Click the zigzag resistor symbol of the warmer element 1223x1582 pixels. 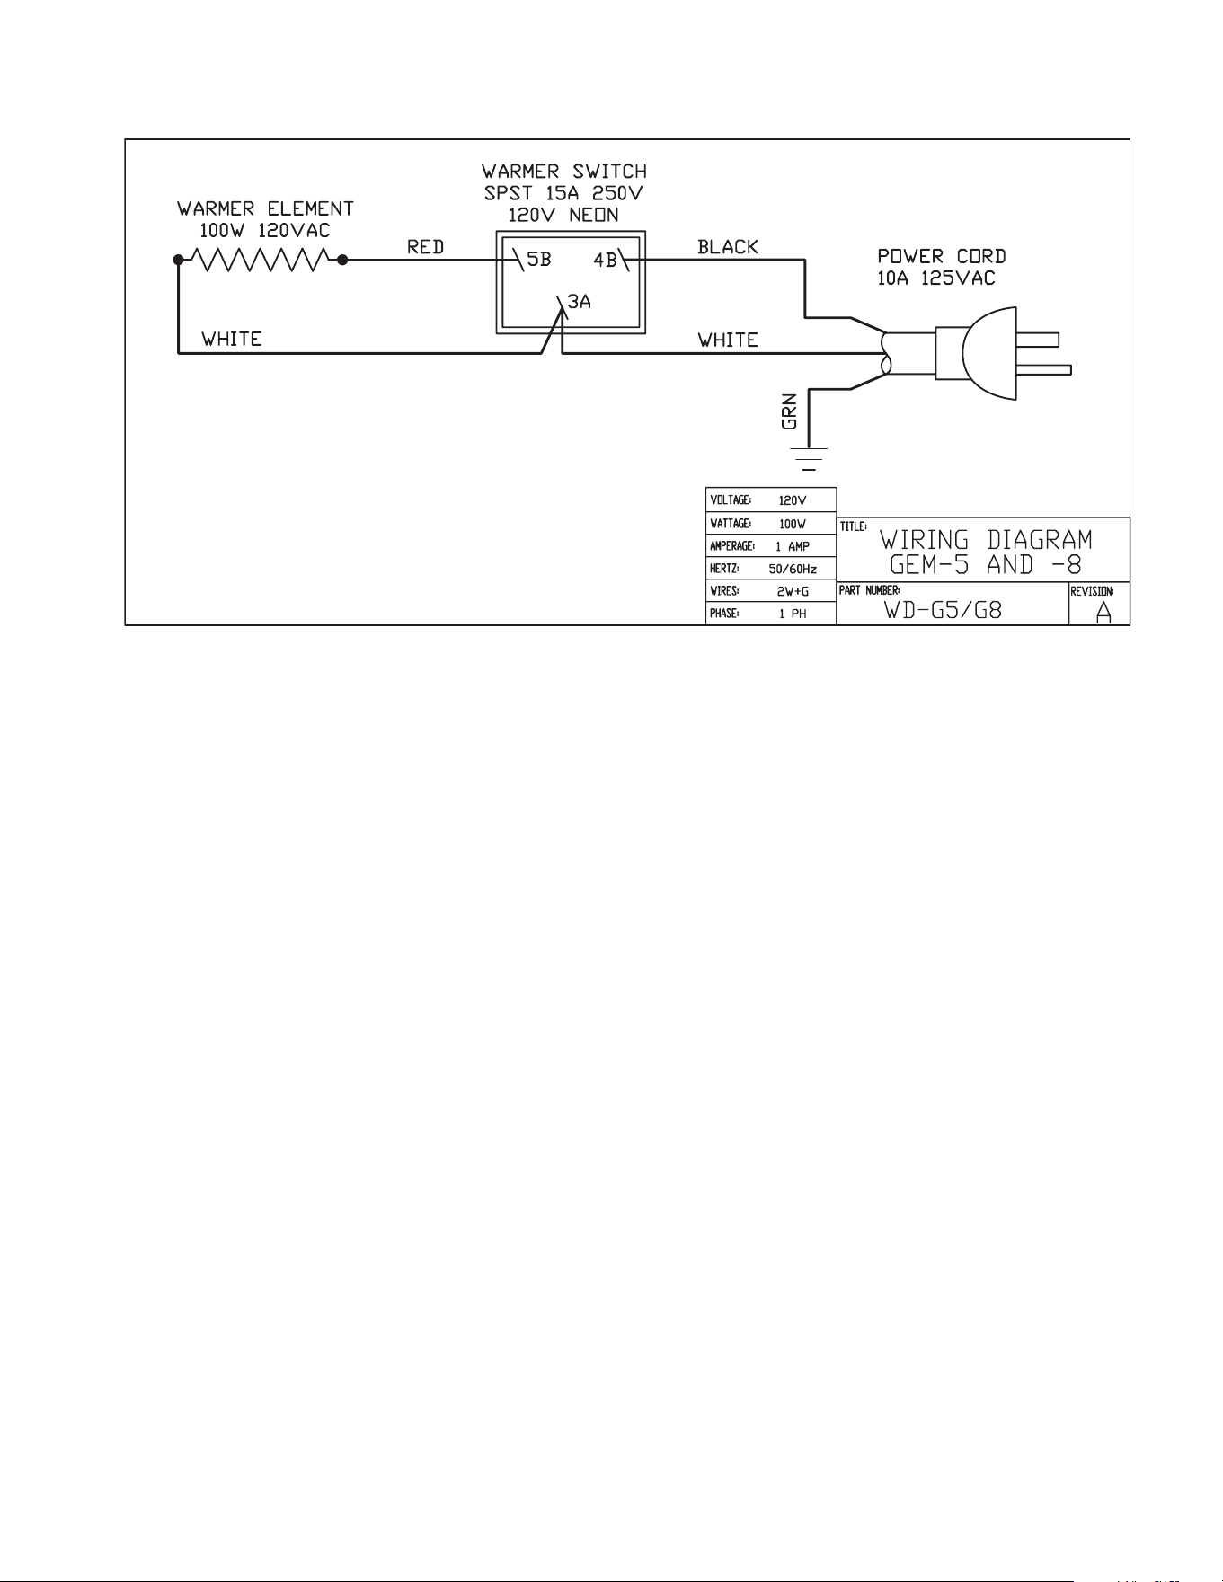(x=261, y=261)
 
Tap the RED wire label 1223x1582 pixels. (x=426, y=246)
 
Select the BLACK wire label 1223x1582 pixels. (x=728, y=246)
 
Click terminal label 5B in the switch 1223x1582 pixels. (x=538, y=260)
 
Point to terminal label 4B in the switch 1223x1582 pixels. (x=605, y=261)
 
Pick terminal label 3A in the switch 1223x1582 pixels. (x=580, y=302)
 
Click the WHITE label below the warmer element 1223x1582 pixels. (x=232, y=339)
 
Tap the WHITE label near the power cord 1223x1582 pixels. (x=728, y=340)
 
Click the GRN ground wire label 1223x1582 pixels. (x=791, y=413)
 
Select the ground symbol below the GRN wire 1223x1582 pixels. (x=810, y=457)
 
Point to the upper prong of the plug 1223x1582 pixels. (x=1039, y=339)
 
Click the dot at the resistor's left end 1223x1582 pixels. (x=178, y=261)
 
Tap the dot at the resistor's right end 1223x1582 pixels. (x=342, y=261)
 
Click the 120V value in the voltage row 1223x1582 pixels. (x=793, y=500)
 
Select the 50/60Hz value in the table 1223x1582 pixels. (x=793, y=569)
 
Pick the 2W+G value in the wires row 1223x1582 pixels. (x=793, y=591)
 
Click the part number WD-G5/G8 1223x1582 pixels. (x=943, y=610)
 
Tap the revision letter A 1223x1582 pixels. (x=1103, y=612)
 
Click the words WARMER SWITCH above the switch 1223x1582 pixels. (x=564, y=171)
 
